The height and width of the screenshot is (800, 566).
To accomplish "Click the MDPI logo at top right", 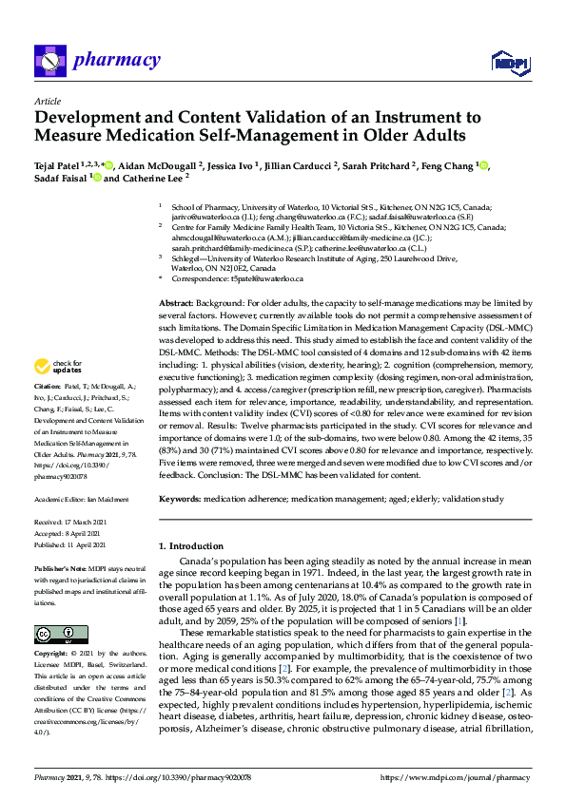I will (x=510, y=63).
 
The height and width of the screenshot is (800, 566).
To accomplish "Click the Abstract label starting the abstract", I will (x=177, y=300).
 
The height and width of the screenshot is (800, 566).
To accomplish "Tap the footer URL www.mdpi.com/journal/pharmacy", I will (x=453, y=777).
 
